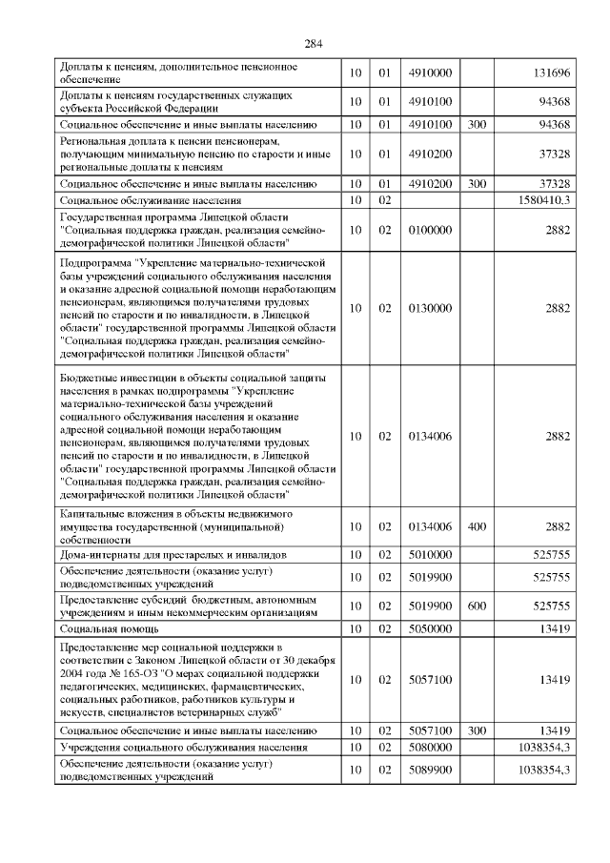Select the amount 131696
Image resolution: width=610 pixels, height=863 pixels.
pyautogui.click(x=550, y=74)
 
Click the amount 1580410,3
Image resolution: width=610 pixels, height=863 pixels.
pyautogui.click(x=541, y=201)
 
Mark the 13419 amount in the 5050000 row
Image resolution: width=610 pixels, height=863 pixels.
pyautogui.click(x=554, y=629)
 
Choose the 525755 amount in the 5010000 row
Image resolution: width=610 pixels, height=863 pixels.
pyautogui.click(x=551, y=554)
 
